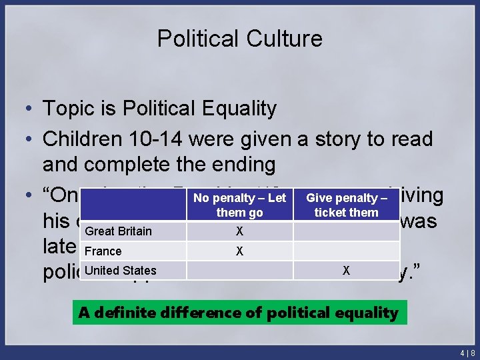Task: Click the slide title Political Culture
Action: coord(239,39)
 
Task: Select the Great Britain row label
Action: coord(119,231)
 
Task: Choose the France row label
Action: coord(103,251)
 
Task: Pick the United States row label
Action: coord(121,270)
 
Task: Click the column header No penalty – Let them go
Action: coord(239,205)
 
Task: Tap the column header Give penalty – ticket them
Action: coord(346,205)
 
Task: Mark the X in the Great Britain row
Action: coord(239,231)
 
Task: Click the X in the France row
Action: coord(239,251)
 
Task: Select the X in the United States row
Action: coord(346,271)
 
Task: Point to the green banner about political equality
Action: coord(239,312)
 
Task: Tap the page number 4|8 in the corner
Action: coord(466,352)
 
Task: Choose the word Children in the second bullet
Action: coord(83,139)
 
